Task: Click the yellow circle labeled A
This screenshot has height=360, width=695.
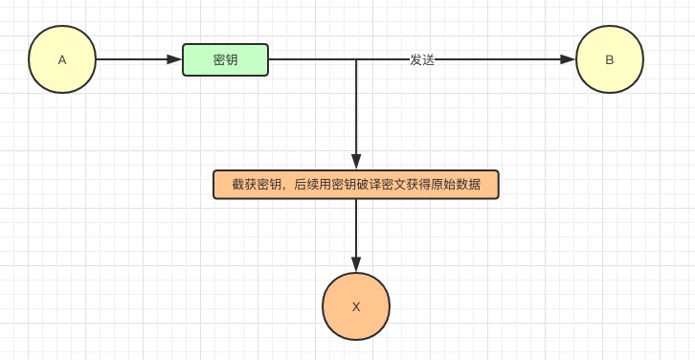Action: click(x=62, y=59)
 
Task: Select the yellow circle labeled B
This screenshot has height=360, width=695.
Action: click(x=610, y=59)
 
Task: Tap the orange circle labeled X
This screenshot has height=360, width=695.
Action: click(x=356, y=306)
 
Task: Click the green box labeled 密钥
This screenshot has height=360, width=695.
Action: click(x=226, y=59)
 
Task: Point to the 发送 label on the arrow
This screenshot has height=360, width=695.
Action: click(x=422, y=59)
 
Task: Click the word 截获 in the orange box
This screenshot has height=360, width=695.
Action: click(x=244, y=184)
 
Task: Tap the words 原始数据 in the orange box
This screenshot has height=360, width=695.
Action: click(x=456, y=184)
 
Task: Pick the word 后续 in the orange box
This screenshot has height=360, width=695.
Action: click(x=306, y=184)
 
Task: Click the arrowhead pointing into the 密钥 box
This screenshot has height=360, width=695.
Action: click(x=174, y=59)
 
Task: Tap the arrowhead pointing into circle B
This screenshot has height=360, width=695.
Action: click(x=568, y=59)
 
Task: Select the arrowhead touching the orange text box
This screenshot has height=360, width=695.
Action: click(x=356, y=162)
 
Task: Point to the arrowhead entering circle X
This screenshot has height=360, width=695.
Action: click(x=356, y=264)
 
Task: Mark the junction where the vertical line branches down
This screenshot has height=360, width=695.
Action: click(x=356, y=59)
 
